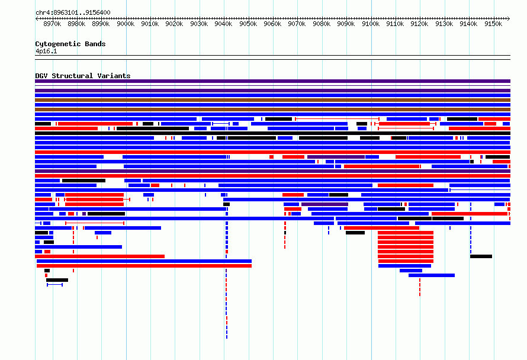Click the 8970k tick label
point(52,24)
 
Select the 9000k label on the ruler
point(126,24)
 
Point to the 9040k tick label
point(223,24)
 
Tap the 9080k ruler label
point(322,24)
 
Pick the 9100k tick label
point(371,24)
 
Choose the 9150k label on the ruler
point(493,24)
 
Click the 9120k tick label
point(419,24)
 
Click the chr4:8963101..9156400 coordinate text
point(73,13)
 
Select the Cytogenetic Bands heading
point(70,44)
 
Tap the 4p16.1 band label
point(46,51)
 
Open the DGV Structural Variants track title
point(83,76)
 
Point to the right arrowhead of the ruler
point(509,19)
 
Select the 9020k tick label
point(174,24)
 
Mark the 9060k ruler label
point(272,24)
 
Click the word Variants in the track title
point(114,76)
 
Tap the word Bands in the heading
point(95,44)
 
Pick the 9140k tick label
point(468,24)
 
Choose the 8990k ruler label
point(101,24)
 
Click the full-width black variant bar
point(272,133)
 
